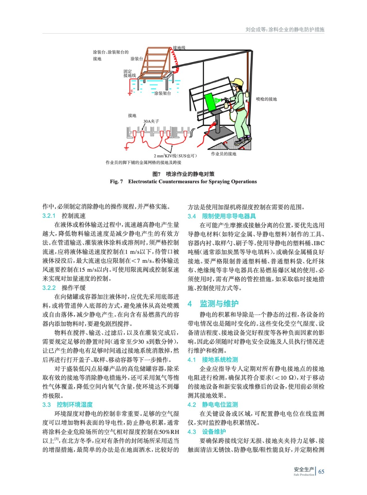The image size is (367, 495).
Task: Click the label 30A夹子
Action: pyautogui.click(x=151, y=121)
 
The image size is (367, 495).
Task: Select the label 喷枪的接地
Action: pyautogui.click(x=266, y=99)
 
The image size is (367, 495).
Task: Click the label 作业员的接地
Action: pyautogui.click(x=224, y=154)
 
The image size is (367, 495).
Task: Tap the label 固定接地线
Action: pyautogui.click(x=130, y=73)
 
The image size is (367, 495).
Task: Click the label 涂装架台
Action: pyautogui.click(x=163, y=93)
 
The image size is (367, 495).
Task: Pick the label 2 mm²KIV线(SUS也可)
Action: pyautogui.click(x=175, y=156)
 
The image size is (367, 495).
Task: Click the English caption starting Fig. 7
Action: pyautogui.click(x=183, y=182)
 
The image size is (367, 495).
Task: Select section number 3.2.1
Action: pyautogui.click(x=49, y=216)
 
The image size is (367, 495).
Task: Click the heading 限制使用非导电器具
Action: pyautogui.click(x=229, y=216)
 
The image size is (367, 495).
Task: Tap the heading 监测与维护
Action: pyautogui.click(x=219, y=303)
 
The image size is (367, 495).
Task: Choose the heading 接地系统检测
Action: pyautogui.click(x=220, y=359)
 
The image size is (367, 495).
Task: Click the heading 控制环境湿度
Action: pyautogui.click(x=75, y=404)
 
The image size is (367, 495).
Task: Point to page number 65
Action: pyautogui.click(x=321, y=471)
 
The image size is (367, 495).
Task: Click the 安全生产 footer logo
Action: pyautogui.click(x=304, y=471)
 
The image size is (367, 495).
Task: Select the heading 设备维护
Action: pyautogui.click(x=214, y=432)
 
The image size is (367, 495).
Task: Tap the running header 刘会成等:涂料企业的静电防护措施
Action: pyautogui.click(x=285, y=30)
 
